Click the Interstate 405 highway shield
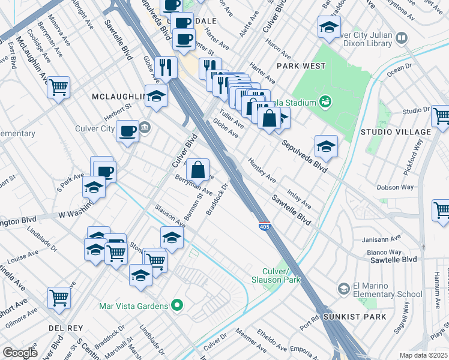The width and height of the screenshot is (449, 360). pos(264,226)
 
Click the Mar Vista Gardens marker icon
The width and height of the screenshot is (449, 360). pos(176,306)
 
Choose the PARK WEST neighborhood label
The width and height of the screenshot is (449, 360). pos(301,66)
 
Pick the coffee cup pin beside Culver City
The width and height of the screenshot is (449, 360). pos(127,131)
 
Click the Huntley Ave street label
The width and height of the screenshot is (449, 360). pos(262,171)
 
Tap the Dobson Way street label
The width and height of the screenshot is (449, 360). pos(395,187)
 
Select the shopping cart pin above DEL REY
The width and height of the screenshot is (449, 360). pos(59,297)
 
